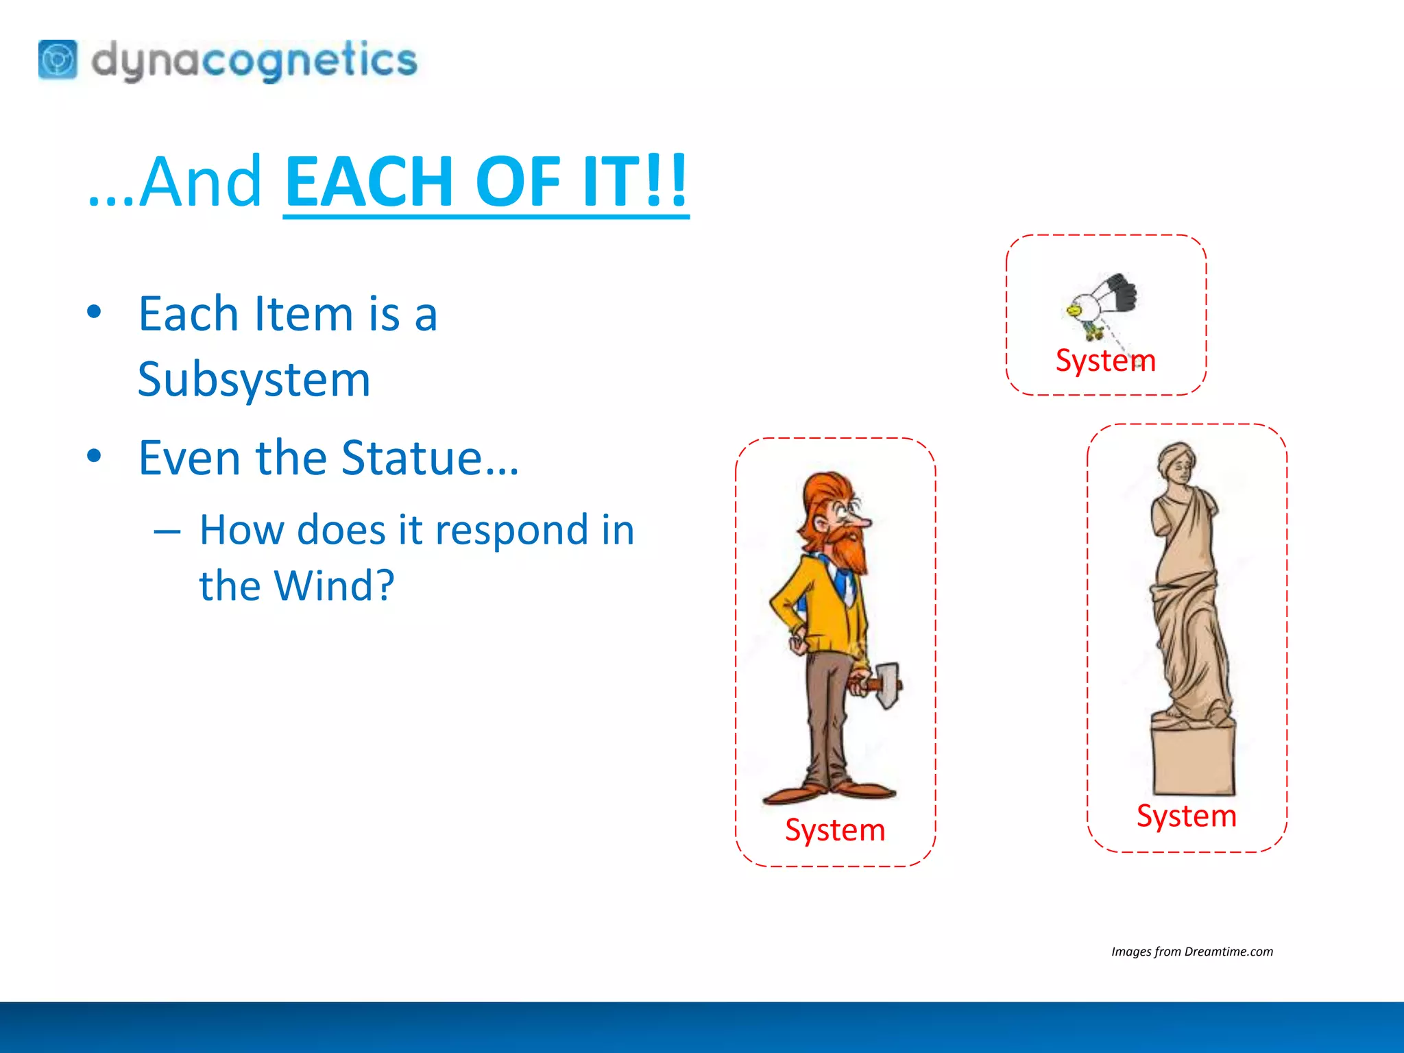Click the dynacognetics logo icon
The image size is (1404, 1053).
(58, 60)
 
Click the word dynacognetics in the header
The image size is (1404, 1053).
(254, 60)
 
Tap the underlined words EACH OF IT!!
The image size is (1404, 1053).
(485, 181)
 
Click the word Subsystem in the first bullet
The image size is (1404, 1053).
(254, 379)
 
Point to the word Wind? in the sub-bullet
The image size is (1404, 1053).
(334, 585)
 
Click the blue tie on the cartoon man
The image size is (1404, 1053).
(842, 583)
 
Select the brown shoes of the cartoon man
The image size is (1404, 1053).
(830, 792)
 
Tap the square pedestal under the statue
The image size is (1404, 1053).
(1194, 760)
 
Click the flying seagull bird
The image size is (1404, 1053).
(1101, 302)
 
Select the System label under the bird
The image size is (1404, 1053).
(1105, 361)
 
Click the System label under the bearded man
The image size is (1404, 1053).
(835, 830)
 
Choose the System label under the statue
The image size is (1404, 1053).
(1186, 816)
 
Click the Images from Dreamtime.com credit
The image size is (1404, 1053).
(1191, 952)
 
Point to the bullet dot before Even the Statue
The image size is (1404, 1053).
(95, 456)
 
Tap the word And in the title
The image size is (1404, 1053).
(200, 181)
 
